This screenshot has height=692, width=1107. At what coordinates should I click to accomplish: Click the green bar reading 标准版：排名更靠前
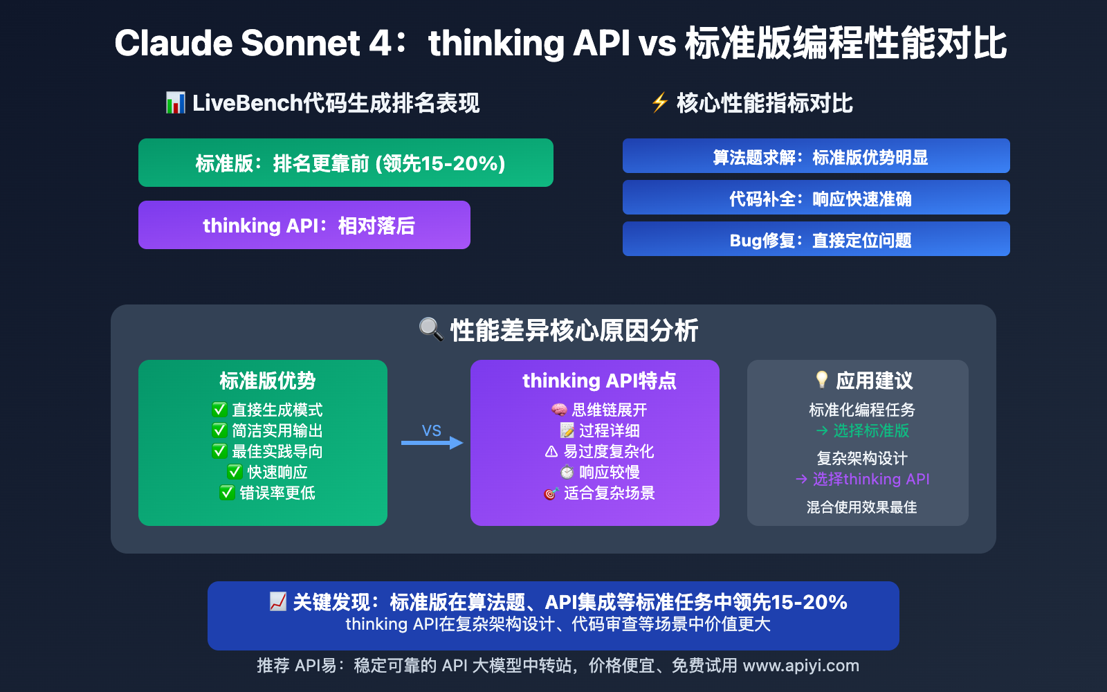point(346,163)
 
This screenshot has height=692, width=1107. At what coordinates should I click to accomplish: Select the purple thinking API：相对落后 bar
point(304,225)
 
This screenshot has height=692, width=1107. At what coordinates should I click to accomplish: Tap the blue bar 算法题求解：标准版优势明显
point(816,156)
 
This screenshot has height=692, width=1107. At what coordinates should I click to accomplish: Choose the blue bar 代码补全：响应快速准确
point(816,198)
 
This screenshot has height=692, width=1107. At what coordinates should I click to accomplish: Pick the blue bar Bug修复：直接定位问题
point(816,239)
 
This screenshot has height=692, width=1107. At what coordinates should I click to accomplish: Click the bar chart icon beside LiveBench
point(175,103)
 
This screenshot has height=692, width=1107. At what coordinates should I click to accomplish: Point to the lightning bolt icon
point(659,102)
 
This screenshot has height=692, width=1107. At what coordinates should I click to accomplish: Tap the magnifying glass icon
point(430,329)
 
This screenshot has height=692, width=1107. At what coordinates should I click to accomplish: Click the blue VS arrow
point(432,442)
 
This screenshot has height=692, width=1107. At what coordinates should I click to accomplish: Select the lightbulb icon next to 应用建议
point(821,379)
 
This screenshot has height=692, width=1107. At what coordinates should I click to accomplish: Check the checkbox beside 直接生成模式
point(219,410)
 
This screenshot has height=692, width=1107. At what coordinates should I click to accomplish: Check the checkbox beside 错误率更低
point(227,493)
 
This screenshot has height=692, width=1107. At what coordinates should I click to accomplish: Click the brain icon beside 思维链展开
point(558,410)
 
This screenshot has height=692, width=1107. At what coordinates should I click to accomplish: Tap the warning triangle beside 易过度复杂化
point(551,452)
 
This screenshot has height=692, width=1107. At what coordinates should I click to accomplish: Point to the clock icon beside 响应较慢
point(567,473)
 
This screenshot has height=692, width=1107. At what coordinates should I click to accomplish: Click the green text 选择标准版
point(870,430)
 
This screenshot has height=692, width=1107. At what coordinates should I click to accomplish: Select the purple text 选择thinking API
point(870,479)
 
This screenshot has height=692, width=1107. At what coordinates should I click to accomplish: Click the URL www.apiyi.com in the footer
point(800,666)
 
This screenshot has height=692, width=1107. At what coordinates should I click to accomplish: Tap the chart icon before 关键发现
point(277,601)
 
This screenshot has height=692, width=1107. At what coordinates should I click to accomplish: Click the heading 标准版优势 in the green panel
point(267,381)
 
